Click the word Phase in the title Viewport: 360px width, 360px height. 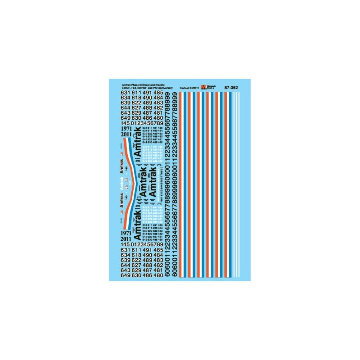pyautogui.click(x=134, y=84)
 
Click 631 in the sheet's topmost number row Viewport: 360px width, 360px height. pyautogui.click(x=126, y=93)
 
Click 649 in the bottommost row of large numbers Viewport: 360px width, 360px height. pyautogui.click(x=126, y=277)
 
